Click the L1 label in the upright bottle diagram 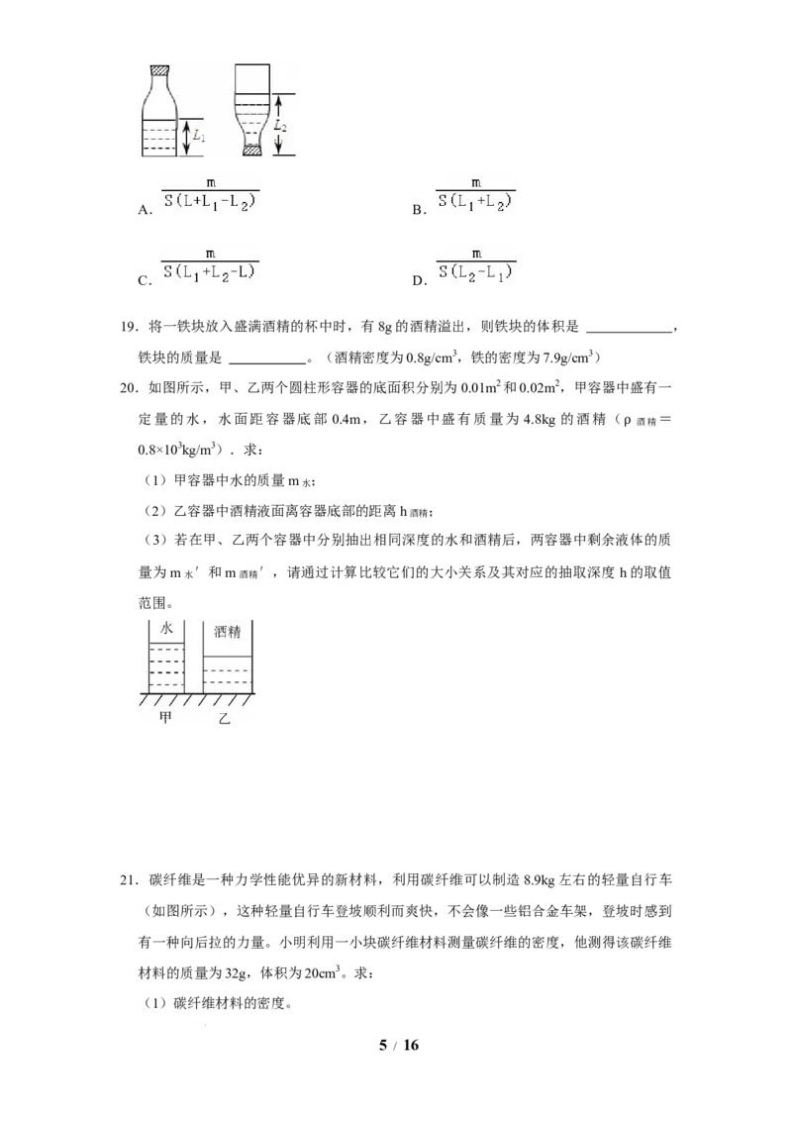pos(199,135)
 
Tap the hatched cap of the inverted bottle pos(251,151)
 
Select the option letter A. pos(146,210)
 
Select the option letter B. pos(419,210)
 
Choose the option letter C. pos(145,280)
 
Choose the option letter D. pos(419,280)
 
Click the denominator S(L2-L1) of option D pos(476,272)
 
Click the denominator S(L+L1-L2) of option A pos(210,202)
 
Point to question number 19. pos(129,328)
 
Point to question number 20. pos(129,388)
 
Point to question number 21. pos(129,880)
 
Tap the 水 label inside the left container pos(166,629)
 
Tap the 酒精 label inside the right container pos(228,632)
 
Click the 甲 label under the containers pos(166,716)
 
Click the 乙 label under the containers pos(225,718)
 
